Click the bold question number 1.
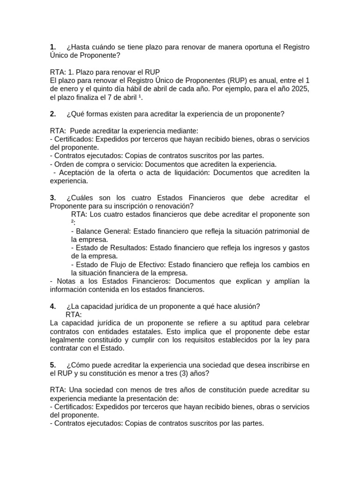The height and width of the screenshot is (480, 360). [52, 47]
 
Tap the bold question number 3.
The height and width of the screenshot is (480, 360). [52, 198]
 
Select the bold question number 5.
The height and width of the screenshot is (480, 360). [52, 365]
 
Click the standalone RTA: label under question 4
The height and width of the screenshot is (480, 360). [74, 315]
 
